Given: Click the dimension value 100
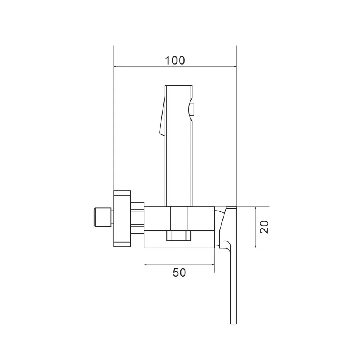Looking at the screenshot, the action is click(x=175, y=60).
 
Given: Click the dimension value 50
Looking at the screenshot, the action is click(x=179, y=273).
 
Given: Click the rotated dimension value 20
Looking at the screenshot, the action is click(x=264, y=227).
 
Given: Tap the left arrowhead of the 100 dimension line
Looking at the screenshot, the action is click(x=115, y=66).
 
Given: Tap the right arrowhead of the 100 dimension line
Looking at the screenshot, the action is click(x=235, y=66).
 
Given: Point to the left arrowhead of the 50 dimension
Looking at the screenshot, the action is click(x=146, y=265).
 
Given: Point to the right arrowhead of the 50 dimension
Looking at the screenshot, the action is click(x=213, y=265).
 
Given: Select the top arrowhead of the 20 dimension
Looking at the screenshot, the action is click(x=256, y=209).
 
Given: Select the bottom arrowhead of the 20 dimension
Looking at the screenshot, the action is click(x=256, y=246).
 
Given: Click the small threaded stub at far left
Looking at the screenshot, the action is click(x=103, y=217).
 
